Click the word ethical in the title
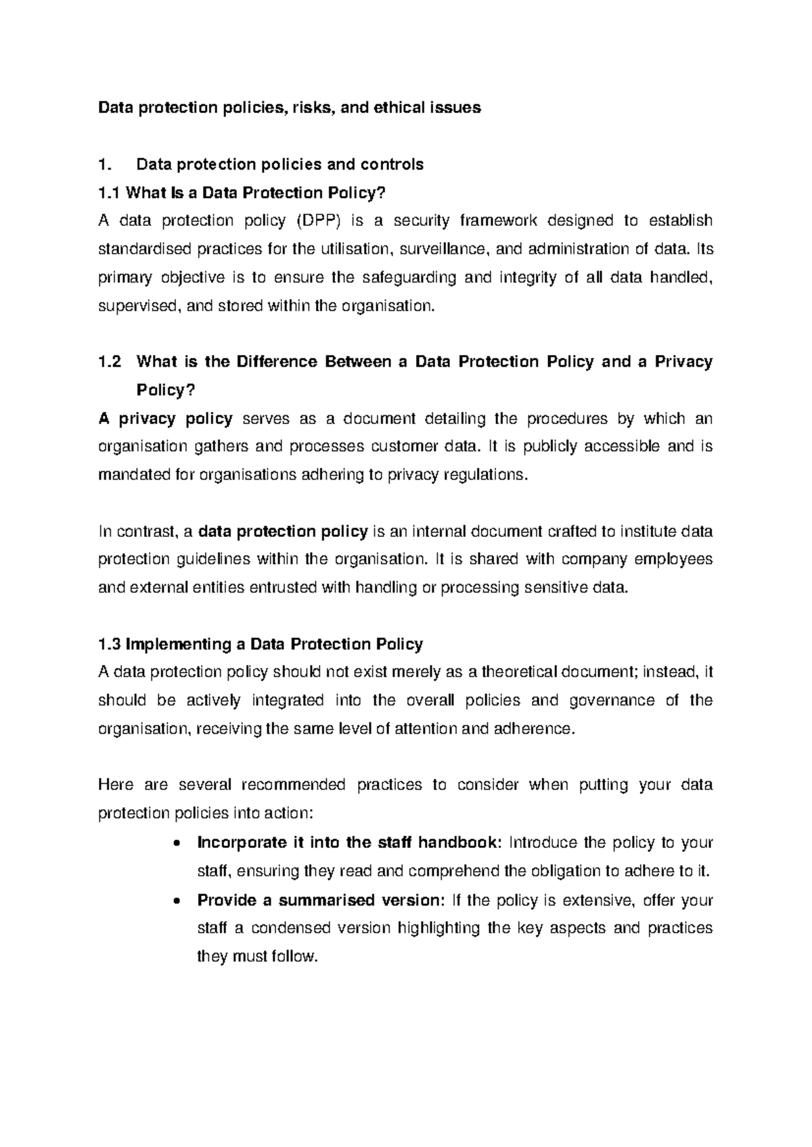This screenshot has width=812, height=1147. pyautogui.click(x=397, y=107)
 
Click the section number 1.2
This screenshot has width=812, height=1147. pyautogui.click(x=110, y=362)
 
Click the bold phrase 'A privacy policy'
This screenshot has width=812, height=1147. pyautogui.click(x=165, y=419)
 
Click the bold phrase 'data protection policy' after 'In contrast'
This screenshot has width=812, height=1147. pyautogui.click(x=283, y=532)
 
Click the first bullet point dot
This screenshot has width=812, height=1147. pyautogui.click(x=177, y=843)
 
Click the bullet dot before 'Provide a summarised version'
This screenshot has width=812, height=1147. pyautogui.click(x=177, y=901)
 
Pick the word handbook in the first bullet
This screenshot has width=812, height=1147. pyautogui.click(x=459, y=843)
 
